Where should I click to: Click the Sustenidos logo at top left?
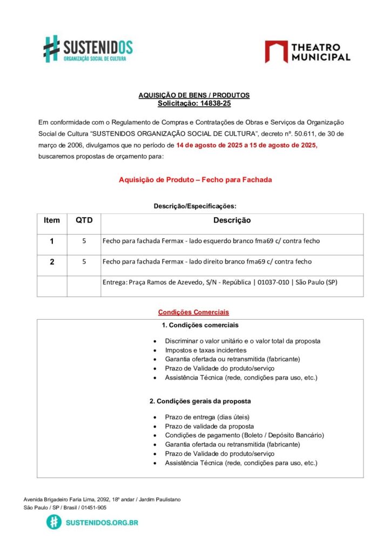[x=88, y=49]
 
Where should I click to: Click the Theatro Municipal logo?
[x=307, y=52]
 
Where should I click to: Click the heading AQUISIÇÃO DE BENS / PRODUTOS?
[x=194, y=95]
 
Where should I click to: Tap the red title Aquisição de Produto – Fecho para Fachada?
[x=195, y=179]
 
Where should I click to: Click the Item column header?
[x=52, y=220]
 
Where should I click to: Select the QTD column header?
[x=84, y=220]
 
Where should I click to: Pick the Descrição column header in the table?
[x=232, y=220]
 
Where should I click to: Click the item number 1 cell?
[x=52, y=241]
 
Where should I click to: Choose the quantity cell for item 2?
[x=84, y=262]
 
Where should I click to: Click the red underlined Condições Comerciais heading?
[x=193, y=312]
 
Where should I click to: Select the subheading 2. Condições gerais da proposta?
[x=200, y=401]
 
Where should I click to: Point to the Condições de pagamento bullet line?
[x=244, y=435]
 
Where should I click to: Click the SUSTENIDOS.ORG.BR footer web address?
[x=102, y=522]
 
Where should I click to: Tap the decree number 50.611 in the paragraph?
[x=294, y=133]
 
